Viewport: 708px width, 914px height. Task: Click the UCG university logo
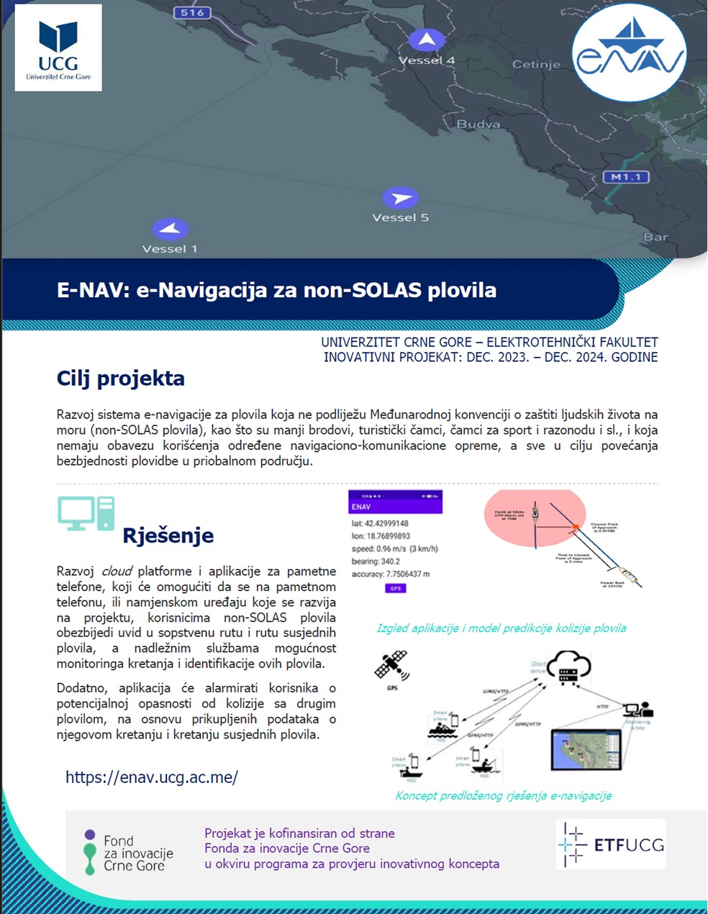[x=58, y=47]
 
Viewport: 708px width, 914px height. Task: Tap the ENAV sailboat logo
[x=629, y=52]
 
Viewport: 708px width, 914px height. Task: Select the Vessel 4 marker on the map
[x=427, y=40]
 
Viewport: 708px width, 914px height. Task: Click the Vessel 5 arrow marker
[x=400, y=198]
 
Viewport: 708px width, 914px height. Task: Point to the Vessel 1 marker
[x=170, y=230]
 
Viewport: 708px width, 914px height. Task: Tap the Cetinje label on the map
[x=536, y=64]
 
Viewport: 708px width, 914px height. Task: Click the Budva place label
[x=478, y=124]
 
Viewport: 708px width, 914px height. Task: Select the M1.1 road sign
[x=626, y=177]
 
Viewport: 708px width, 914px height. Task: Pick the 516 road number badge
[x=192, y=12]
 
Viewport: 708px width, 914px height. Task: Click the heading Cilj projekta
[x=121, y=379]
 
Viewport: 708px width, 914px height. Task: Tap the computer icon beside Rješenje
[x=86, y=513]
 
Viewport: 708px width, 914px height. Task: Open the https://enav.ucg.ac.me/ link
[x=152, y=777]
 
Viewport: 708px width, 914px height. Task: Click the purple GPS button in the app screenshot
[x=395, y=588]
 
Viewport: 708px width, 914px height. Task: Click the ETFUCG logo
[x=611, y=844]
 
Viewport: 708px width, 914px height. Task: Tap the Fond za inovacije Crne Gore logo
[x=129, y=853]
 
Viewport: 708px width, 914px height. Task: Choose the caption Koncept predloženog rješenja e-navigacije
[x=503, y=795]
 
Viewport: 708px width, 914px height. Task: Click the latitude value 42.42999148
[x=387, y=523]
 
